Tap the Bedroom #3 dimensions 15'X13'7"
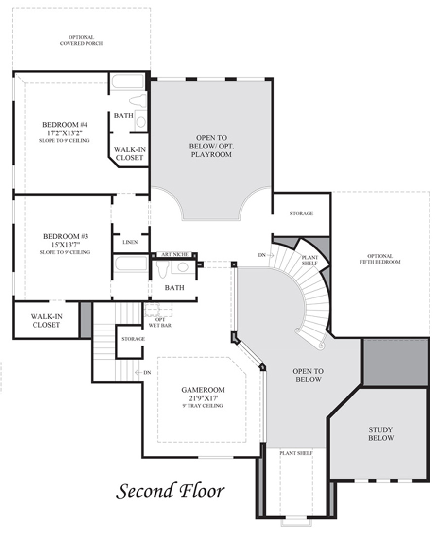click(65, 245)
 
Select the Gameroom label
click(203, 390)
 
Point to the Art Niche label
click(175, 255)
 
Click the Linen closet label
click(130, 242)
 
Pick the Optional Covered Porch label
click(81, 40)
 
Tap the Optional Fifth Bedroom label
click(380, 259)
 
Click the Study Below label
click(381, 434)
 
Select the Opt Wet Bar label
click(160, 322)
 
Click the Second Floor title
click(170, 491)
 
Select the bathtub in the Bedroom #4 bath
click(127, 82)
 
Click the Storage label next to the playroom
click(301, 214)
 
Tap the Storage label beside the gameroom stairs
click(133, 339)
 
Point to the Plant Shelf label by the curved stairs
click(310, 260)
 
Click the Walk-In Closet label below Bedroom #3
click(46, 321)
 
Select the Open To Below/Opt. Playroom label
click(211, 146)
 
